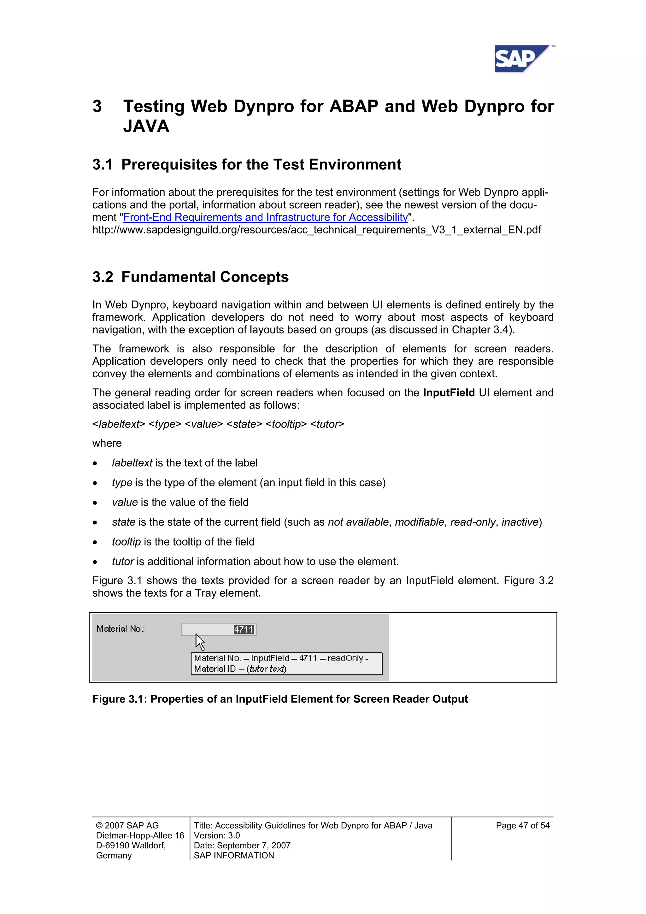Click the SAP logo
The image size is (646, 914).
[x=521, y=59]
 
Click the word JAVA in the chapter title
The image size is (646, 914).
[x=146, y=126]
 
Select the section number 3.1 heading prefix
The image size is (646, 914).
[x=102, y=164]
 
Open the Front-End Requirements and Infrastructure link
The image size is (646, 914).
[x=266, y=217]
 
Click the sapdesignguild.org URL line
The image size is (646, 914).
[x=316, y=230]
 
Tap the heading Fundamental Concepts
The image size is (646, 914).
[x=205, y=277]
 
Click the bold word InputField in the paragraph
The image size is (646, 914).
[x=449, y=392]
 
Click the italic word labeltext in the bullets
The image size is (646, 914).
[x=132, y=463]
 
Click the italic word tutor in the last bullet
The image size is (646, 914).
[x=123, y=561]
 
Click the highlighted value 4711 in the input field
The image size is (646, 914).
[x=244, y=629]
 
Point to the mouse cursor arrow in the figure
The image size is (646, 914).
[x=199, y=641]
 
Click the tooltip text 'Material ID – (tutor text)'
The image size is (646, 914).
[x=240, y=669]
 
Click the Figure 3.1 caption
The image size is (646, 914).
[x=280, y=699]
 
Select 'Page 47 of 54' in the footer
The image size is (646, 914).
[x=522, y=825]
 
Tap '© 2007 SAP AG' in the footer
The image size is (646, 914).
[x=127, y=825]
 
